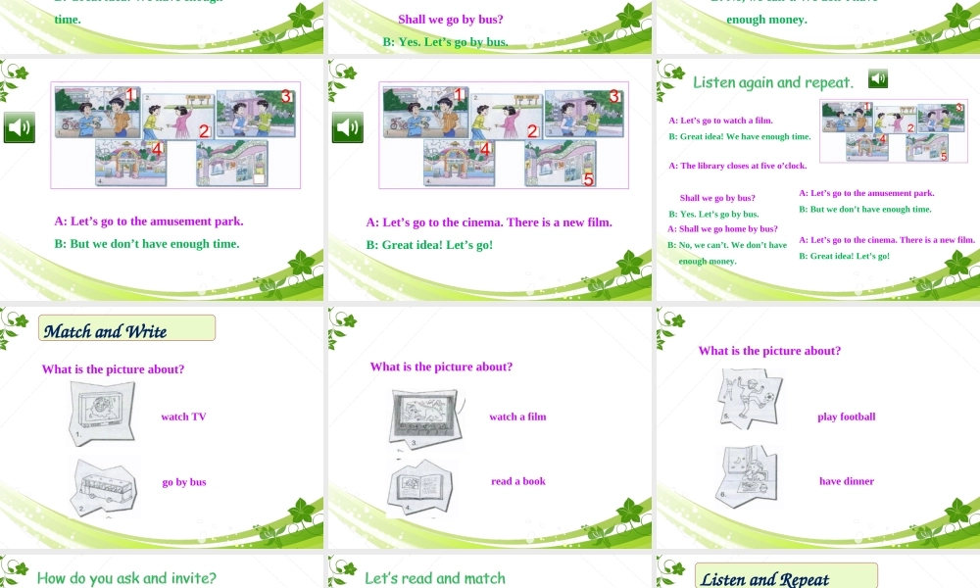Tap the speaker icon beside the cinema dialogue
coord(347,127)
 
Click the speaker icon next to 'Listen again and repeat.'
coord(878,78)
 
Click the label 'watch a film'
coord(517,416)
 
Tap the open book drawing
coord(422,485)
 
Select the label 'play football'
coord(846,416)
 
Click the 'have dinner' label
coord(846,481)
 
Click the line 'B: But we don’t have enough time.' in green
coord(147,243)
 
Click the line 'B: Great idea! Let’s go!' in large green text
coord(429,244)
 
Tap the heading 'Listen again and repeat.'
coord(772,82)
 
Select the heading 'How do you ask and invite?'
coord(126,577)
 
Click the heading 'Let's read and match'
coord(435,578)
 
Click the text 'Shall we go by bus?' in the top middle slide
coord(451,19)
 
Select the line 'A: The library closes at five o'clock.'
coord(737,166)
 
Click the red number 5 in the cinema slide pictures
coord(588,178)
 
